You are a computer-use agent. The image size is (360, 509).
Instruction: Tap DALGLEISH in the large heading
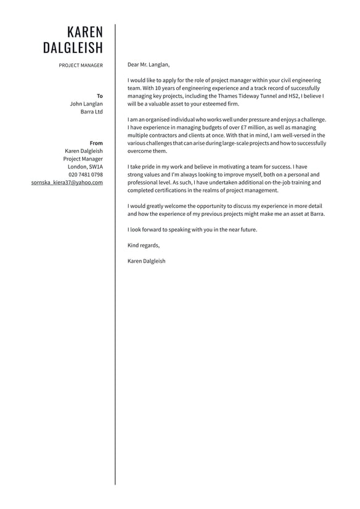(73, 48)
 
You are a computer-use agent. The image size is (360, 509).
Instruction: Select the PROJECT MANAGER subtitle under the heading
(81, 65)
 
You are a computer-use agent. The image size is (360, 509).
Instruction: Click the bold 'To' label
(100, 96)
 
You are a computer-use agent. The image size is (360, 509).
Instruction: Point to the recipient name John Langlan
(86, 104)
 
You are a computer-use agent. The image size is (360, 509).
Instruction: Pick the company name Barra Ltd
(92, 112)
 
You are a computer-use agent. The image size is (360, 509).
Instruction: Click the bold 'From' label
(96, 143)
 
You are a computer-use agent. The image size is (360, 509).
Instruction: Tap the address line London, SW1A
(85, 167)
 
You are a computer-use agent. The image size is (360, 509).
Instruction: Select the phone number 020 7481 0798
(86, 175)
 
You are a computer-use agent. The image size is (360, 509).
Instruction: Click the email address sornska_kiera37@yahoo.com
(67, 183)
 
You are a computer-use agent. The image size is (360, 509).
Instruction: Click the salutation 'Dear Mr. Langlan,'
(148, 64)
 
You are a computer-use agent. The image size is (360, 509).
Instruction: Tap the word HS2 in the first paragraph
(294, 96)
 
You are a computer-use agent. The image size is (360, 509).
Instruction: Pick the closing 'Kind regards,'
(143, 246)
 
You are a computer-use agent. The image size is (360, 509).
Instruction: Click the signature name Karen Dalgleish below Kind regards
(146, 261)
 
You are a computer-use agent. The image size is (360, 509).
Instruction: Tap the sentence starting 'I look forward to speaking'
(192, 230)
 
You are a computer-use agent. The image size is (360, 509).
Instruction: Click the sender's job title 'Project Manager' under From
(83, 159)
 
